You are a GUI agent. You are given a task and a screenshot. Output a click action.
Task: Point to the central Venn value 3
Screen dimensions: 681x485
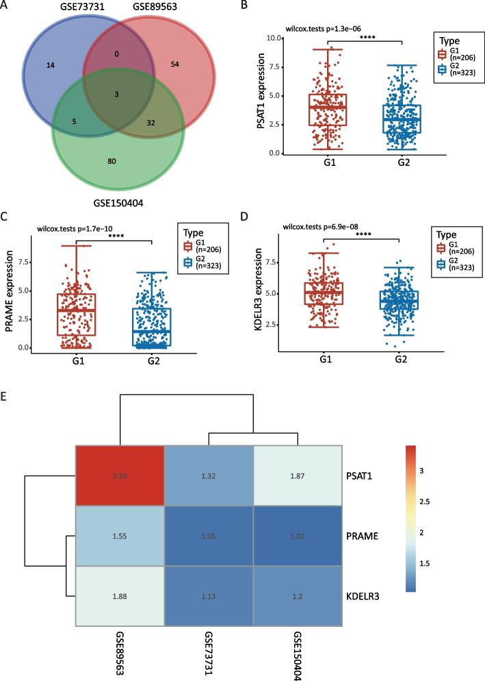[116, 92]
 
